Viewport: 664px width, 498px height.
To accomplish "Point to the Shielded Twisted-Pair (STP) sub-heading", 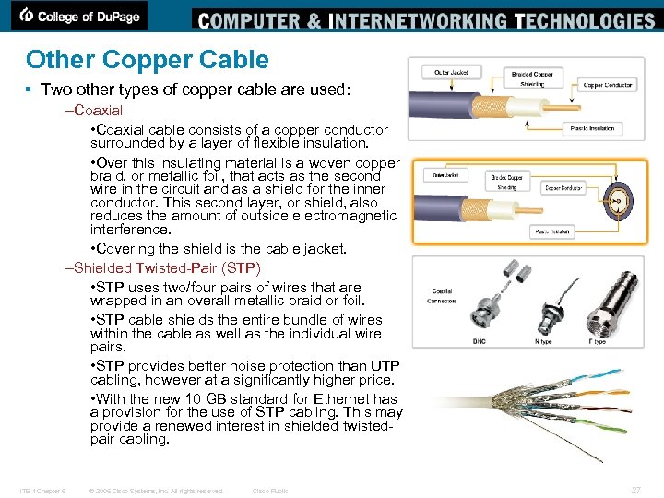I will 169,268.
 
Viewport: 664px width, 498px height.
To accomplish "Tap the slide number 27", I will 634,491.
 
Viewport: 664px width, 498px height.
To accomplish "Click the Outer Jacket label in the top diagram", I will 445,71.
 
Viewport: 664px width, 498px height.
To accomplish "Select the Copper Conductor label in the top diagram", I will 608,85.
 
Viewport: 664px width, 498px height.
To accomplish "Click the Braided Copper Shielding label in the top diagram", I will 532,78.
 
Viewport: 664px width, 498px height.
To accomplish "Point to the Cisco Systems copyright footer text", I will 156,491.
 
